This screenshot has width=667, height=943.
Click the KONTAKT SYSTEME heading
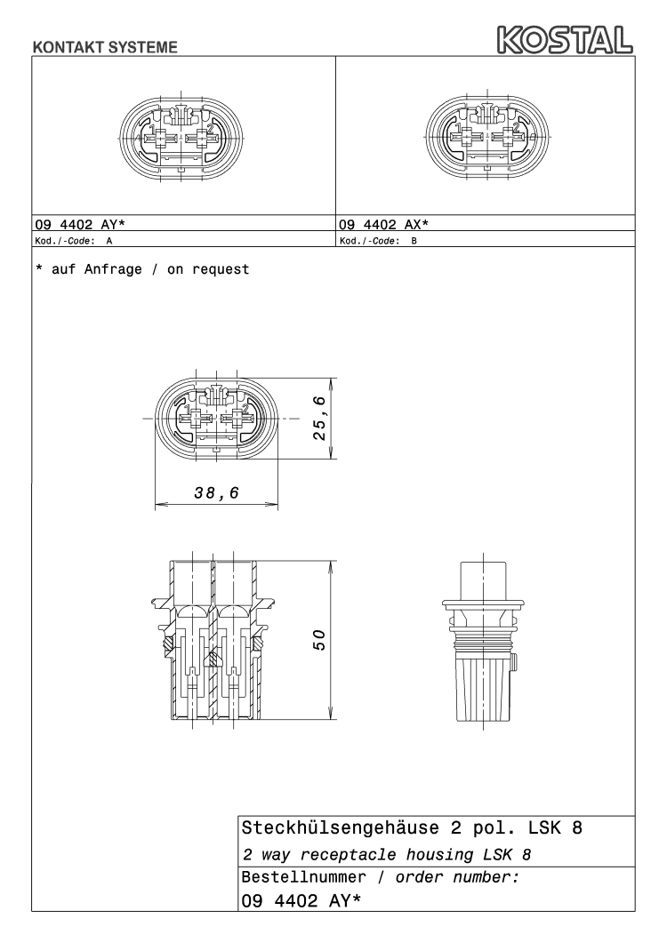point(105,47)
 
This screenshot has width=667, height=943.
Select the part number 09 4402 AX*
point(383,225)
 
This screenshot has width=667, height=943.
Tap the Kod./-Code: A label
point(74,241)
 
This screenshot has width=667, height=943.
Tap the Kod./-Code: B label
point(378,241)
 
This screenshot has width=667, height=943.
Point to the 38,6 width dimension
point(217,493)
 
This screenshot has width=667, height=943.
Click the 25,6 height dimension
point(319,418)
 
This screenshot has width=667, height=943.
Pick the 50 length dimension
point(319,639)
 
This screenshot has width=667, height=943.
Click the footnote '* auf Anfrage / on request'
point(142,269)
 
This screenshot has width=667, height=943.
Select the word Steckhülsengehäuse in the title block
point(340,828)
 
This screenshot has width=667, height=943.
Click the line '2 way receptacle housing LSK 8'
point(387,855)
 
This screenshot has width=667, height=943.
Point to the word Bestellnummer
point(303,877)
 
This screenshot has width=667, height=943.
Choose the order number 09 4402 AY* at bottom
point(301,901)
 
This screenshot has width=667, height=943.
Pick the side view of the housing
point(482,642)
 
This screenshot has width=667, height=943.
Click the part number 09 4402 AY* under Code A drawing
point(80,225)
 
